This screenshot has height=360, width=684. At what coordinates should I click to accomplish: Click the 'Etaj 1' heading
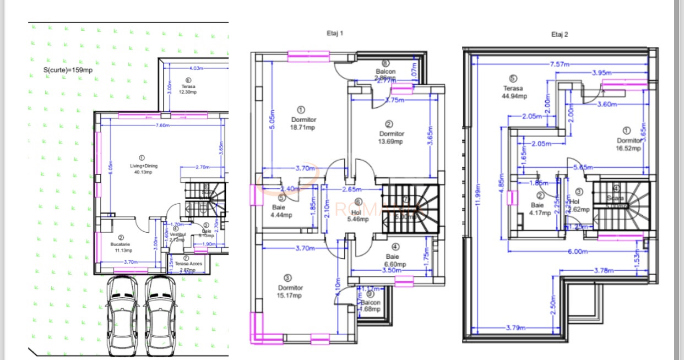pos(335,33)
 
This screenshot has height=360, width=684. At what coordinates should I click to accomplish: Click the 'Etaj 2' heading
pos(559,34)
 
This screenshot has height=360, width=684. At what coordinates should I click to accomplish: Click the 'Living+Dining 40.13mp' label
pos(141,168)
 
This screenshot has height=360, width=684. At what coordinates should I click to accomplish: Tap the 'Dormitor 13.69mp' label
pos(392,137)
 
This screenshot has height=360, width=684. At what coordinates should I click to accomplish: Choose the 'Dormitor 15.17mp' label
pos(290,292)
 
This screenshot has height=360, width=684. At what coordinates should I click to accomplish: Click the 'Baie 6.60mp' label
pos(394,260)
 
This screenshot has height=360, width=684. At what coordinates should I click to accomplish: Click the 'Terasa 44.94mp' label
pos(514,91)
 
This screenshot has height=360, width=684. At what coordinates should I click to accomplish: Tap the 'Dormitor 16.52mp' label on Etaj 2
pos(628,144)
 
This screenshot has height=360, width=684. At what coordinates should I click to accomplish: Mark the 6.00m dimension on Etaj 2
pos(575,251)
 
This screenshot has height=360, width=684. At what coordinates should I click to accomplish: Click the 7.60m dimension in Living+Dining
pos(162,125)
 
